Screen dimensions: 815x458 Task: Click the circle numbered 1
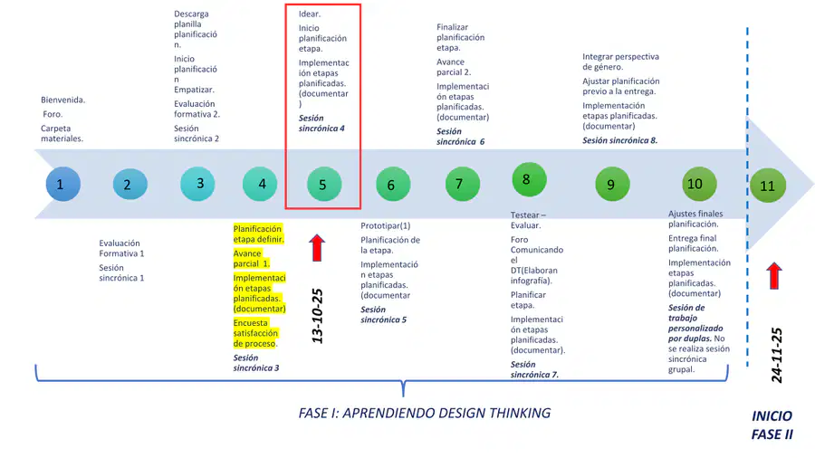(62, 184)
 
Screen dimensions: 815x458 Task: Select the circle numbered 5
(324, 184)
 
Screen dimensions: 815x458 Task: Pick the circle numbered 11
(768, 186)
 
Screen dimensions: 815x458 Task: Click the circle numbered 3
(197, 184)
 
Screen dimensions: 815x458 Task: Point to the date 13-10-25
(317, 316)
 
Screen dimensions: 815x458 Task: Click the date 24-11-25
(777, 355)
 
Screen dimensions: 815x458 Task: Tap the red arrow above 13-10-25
(317, 248)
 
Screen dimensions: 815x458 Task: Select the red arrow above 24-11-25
(774, 276)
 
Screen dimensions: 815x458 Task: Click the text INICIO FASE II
(772, 425)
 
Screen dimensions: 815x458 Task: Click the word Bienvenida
(62, 100)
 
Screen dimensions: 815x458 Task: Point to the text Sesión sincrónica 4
(321, 123)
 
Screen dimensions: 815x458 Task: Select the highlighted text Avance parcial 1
(252, 259)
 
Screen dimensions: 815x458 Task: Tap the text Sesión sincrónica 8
(619, 140)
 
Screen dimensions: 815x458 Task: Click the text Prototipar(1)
(385, 226)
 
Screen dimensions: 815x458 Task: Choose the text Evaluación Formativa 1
(121, 248)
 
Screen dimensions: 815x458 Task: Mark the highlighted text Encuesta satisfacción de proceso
(255, 333)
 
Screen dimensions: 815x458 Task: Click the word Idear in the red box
(310, 14)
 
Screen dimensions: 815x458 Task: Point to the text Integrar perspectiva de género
(620, 62)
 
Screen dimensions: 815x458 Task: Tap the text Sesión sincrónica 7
(534, 369)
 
